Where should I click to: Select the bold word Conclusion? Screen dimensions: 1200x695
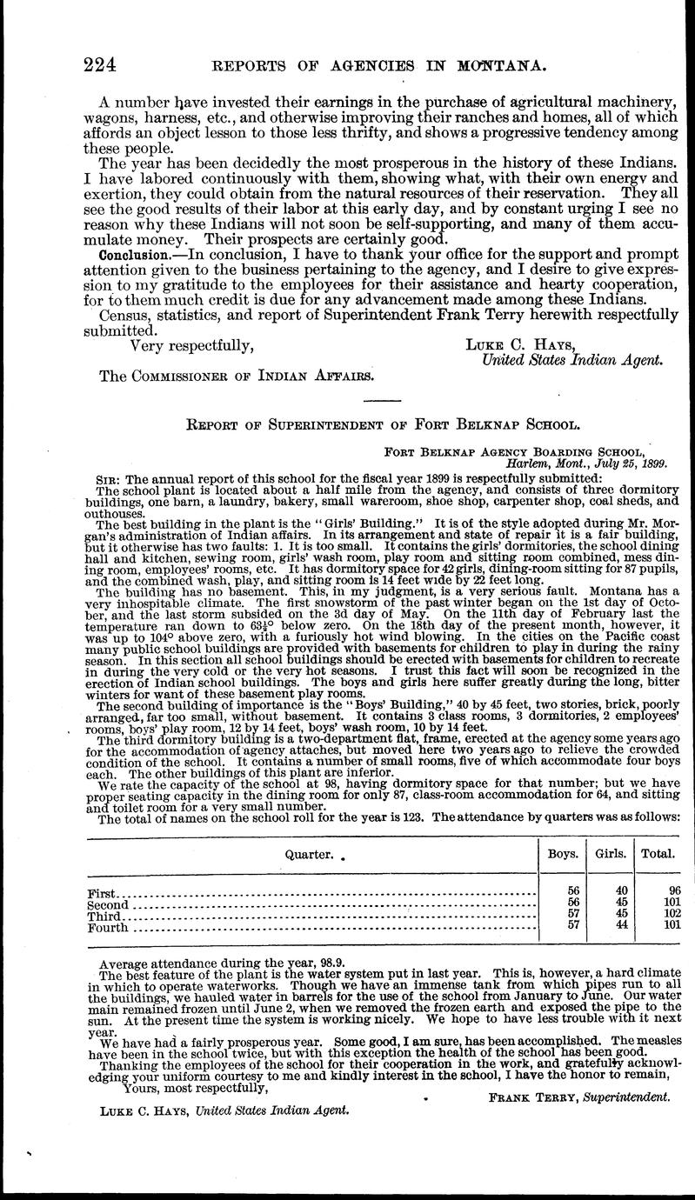(132, 256)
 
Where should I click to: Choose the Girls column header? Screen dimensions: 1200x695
(611, 853)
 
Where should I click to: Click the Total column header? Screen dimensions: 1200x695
(658, 853)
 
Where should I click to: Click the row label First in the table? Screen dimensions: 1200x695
(102, 894)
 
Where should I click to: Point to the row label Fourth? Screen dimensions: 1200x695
(108, 928)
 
